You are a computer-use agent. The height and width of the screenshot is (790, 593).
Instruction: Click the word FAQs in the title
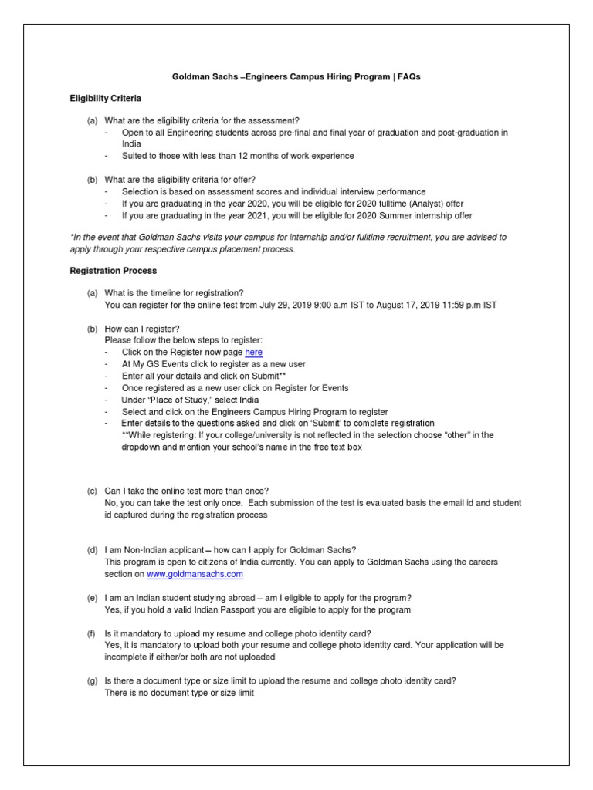point(409,78)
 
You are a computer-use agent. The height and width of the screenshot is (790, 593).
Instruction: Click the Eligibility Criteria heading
point(106,99)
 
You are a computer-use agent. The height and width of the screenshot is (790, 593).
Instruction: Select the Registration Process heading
point(114,271)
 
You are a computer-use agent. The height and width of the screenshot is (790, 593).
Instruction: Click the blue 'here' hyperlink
point(254,353)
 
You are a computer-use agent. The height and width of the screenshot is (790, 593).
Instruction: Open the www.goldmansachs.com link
point(195,574)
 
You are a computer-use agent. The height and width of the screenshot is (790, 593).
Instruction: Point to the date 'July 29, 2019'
point(289,305)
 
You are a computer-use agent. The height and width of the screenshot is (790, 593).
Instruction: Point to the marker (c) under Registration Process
point(92,491)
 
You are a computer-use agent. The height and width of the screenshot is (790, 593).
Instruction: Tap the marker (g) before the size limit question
point(92,681)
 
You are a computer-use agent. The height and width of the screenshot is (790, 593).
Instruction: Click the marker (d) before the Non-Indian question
point(92,550)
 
